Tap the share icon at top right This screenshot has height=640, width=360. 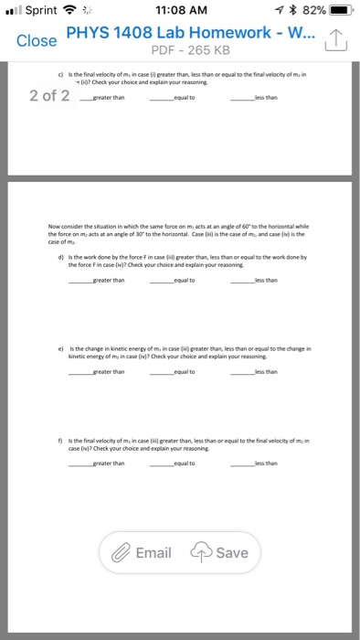point(337,39)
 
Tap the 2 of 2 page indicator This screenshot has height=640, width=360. point(48,96)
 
